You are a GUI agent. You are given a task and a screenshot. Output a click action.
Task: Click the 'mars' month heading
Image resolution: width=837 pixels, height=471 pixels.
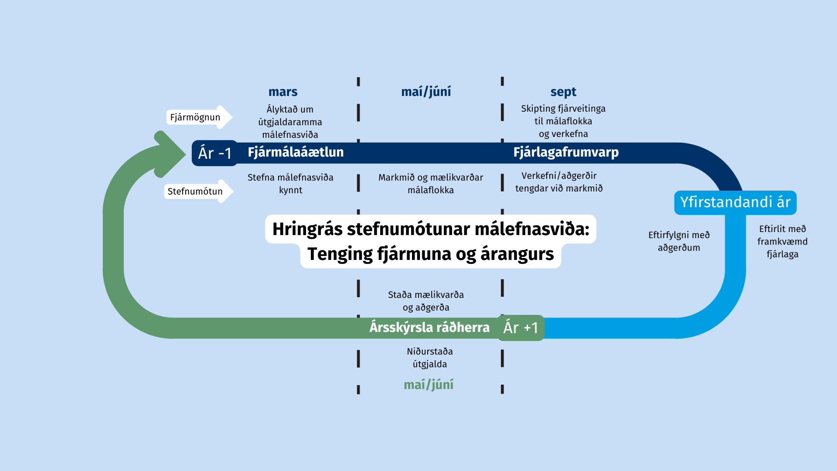(283, 92)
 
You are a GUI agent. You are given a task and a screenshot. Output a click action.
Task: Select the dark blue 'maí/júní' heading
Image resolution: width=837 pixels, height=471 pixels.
(426, 92)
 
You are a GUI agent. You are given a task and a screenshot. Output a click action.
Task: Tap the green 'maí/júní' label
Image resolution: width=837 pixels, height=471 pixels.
(429, 385)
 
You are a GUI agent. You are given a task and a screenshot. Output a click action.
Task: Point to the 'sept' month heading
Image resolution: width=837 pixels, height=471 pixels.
(563, 92)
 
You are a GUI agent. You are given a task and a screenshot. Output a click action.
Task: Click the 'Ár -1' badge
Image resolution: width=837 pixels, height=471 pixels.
(215, 153)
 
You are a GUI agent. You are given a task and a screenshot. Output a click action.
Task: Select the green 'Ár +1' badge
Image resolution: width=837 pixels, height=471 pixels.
(521, 328)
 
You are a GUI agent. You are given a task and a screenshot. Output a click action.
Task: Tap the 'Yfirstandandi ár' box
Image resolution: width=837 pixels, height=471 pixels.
(735, 202)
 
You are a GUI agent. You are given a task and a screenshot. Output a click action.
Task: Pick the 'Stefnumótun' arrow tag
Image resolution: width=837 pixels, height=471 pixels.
(199, 191)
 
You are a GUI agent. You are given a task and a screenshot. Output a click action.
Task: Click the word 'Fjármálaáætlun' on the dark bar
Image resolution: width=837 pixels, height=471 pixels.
(296, 152)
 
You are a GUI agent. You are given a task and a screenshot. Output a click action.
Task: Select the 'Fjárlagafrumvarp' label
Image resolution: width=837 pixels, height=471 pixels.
(566, 153)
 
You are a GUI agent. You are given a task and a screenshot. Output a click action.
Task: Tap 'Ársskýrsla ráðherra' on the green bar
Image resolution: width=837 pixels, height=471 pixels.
(429, 328)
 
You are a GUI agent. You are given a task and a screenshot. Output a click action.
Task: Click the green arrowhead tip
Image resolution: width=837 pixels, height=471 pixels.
(186, 154)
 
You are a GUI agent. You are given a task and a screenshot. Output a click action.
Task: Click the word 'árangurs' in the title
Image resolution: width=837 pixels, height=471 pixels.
(517, 254)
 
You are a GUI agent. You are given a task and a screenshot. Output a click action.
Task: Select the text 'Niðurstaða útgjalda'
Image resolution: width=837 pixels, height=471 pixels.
(430, 358)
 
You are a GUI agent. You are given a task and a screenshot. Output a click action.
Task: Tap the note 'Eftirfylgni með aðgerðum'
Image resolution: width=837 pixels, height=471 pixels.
(679, 241)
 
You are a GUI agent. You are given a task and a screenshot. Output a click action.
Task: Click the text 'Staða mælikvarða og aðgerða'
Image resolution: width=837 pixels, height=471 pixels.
(426, 301)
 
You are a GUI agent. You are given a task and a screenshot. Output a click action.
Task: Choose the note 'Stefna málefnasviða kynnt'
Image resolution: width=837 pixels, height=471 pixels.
(290, 184)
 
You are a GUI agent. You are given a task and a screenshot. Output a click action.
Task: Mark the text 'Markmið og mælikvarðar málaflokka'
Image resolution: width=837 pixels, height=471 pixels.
(431, 184)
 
